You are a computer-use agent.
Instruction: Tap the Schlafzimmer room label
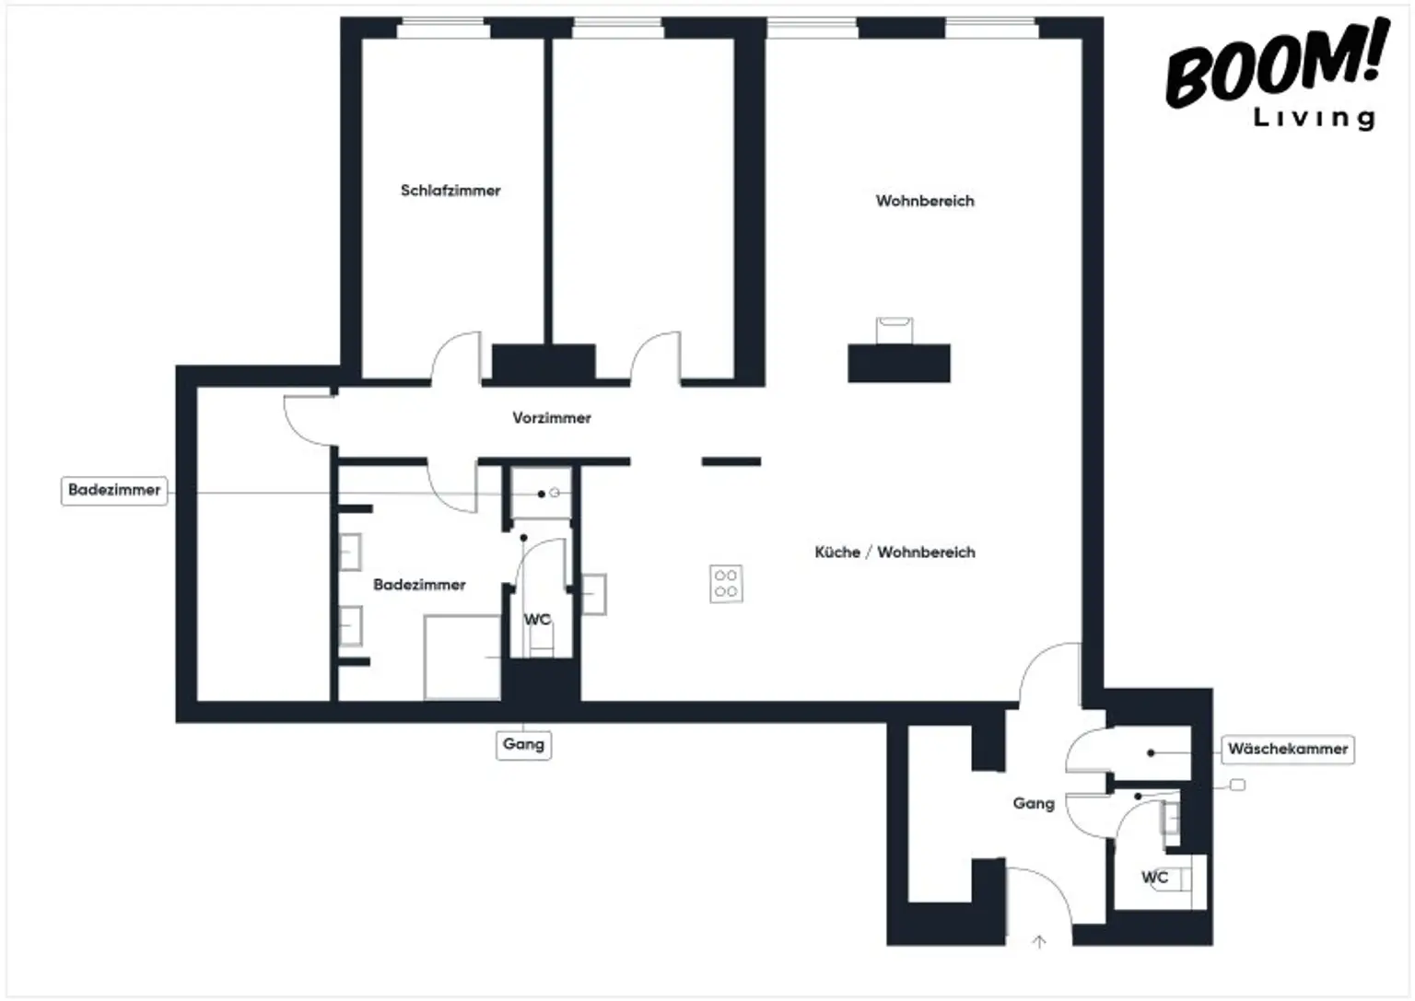click(450, 191)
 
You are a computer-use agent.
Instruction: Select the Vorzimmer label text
click(552, 418)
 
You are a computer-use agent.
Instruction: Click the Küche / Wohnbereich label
click(895, 553)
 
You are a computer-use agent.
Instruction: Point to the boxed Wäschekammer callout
click(1287, 750)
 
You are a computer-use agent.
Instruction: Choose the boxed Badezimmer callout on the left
click(114, 490)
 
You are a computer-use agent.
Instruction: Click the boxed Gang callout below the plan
click(523, 744)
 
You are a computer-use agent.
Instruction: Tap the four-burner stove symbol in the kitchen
click(726, 584)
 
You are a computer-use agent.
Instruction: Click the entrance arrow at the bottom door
click(1039, 941)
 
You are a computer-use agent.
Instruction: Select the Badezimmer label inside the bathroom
click(419, 585)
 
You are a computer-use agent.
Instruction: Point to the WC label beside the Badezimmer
click(537, 619)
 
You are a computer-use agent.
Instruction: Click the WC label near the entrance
click(1154, 877)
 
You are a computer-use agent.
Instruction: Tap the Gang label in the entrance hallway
click(1033, 803)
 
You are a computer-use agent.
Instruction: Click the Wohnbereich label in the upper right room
click(925, 201)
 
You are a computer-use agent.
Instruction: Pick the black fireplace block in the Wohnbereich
click(898, 363)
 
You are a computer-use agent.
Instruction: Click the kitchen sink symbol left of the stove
click(593, 594)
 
